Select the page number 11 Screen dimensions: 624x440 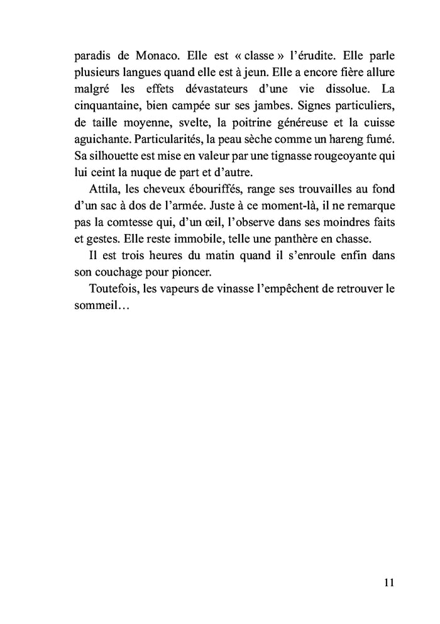[x=388, y=582]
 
